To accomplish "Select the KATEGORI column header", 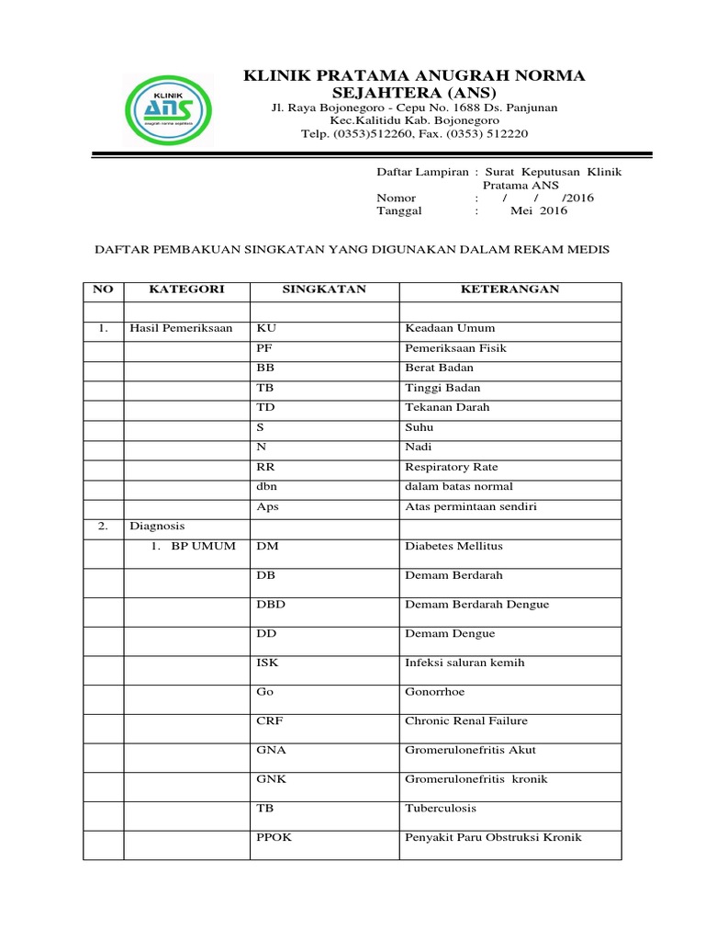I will click(x=186, y=289).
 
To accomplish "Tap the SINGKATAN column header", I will click(x=323, y=289).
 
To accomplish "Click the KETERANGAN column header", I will click(x=509, y=289).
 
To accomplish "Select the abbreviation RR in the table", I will click(x=265, y=467).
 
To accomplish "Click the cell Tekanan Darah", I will click(x=447, y=407).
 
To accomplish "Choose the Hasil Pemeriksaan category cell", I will click(x=181, y=328).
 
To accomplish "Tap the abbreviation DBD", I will click(x=271, y=605).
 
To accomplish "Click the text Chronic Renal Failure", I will click(x=466, y=721).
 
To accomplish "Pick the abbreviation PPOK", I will click(x=274, y=838).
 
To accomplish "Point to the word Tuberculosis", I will click(x=441, y=809).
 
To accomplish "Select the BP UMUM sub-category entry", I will click(x=196, y=546).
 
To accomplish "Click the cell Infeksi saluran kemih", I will click(x=464, y=663).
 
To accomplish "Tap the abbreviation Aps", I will click(x=267, y=506).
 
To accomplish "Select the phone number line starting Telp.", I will click(x=415, y=134).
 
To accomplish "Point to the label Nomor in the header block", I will click(x=397, y=198).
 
